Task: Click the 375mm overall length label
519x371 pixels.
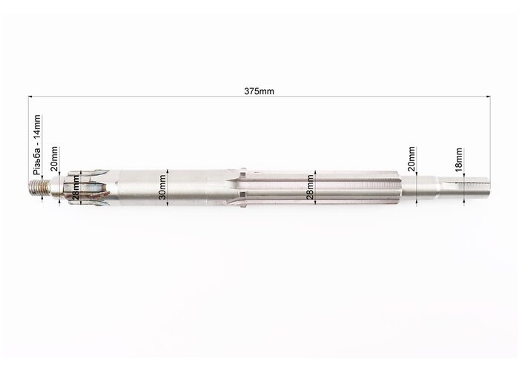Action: [259, 91]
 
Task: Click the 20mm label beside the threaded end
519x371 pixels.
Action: [54, 158]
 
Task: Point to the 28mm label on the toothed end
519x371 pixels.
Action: [76, 188]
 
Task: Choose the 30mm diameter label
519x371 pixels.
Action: [162, 187]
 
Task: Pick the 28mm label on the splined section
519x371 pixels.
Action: [310, 187]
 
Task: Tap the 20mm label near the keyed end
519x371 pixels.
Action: [411, 158]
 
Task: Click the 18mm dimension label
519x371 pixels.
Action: [459, 160]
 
